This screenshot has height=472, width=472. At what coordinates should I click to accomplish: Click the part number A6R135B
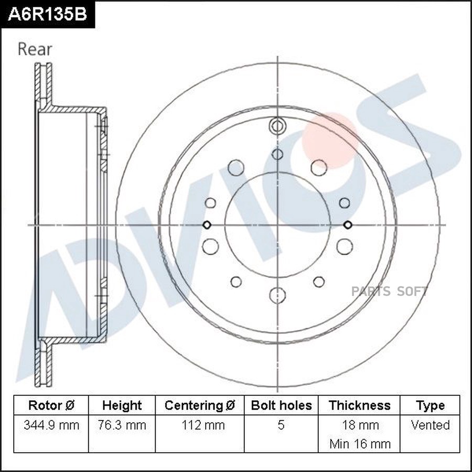[x=47, y=14]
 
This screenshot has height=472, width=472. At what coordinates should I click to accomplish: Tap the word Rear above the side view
[x=35, y=49]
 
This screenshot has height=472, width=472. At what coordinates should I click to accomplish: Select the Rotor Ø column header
[x=51, y=405]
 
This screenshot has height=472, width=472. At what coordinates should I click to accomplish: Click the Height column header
[x=122, y=405]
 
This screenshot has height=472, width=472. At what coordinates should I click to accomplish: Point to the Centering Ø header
[x=200, y=405]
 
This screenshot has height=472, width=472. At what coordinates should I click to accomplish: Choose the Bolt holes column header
[x=281, y=405]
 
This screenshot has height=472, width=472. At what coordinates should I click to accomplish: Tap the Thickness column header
[x=359, y=405]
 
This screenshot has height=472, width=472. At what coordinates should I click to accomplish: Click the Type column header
[x=430, y=405]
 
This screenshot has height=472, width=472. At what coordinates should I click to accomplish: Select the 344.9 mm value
[x=51, y=425]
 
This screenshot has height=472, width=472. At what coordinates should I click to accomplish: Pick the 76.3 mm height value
[x=122, y=425]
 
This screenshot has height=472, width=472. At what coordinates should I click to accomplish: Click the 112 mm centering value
[x=200, y=425]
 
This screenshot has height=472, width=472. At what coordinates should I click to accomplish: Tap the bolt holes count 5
[x=281, y=425]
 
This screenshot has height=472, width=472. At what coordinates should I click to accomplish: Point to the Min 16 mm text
[x=360, y=444]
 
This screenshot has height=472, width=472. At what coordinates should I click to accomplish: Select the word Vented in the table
[x=430, y=425]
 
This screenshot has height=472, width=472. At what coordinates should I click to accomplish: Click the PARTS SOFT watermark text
[x=390, y=292]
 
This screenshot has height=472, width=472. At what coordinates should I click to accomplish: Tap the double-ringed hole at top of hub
[x=277, y=126]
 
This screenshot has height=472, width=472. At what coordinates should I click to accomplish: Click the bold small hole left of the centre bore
[x=207, y=225]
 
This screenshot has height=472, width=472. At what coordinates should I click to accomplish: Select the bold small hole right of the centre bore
[x=347, y=225]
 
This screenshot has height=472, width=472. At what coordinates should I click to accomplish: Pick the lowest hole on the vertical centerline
[x=277, y=295]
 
